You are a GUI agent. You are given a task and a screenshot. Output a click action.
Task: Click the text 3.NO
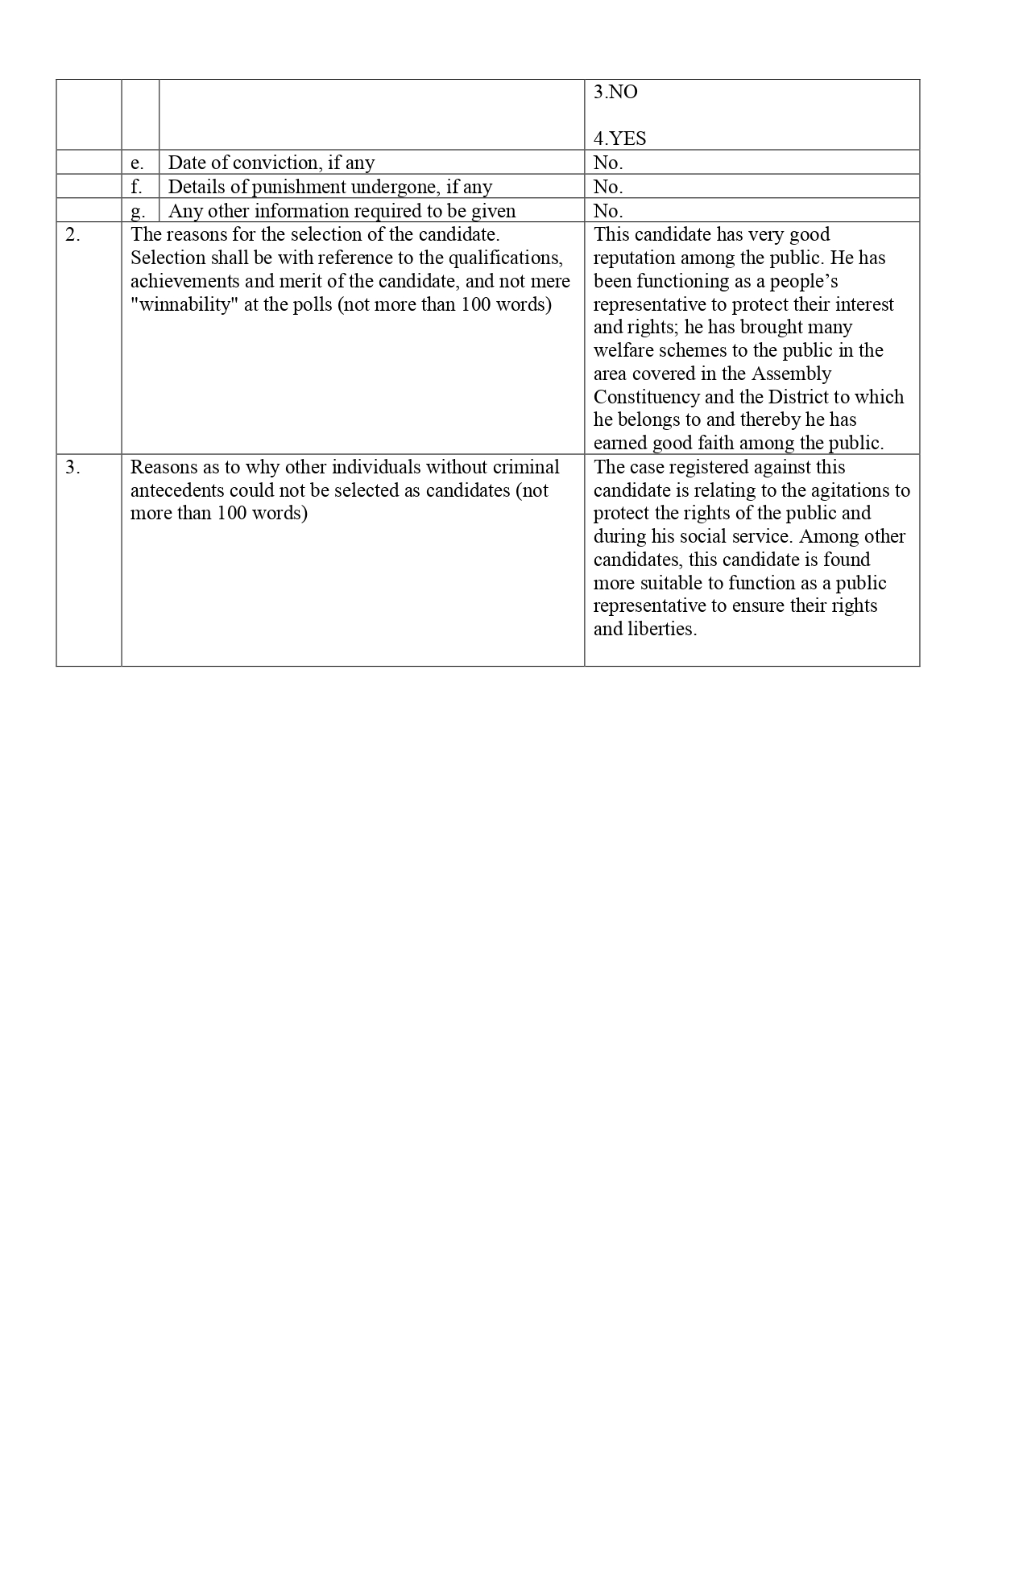click(x=615, y=93)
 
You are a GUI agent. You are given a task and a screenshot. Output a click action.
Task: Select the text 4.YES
click(x=619, y=138)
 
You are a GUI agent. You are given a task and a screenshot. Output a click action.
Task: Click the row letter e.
click(x=137, y=163)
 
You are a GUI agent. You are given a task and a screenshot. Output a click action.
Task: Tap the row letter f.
click(x=137, y=187)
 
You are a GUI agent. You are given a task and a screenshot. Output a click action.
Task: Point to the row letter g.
click(x=138, y=211)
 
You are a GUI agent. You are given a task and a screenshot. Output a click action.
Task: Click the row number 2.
click(x=72, y=235)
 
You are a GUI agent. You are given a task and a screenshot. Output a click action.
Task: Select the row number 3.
click(x=72, y=468)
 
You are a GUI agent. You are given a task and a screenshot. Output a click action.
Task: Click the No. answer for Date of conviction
click(x=608, y=163)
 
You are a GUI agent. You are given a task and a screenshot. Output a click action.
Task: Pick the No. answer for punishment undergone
click(x=608, y=187)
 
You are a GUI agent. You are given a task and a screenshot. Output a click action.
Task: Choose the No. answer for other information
click(x=608, y=211)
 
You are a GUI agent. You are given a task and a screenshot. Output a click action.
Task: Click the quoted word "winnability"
click(x=186, y=305)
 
